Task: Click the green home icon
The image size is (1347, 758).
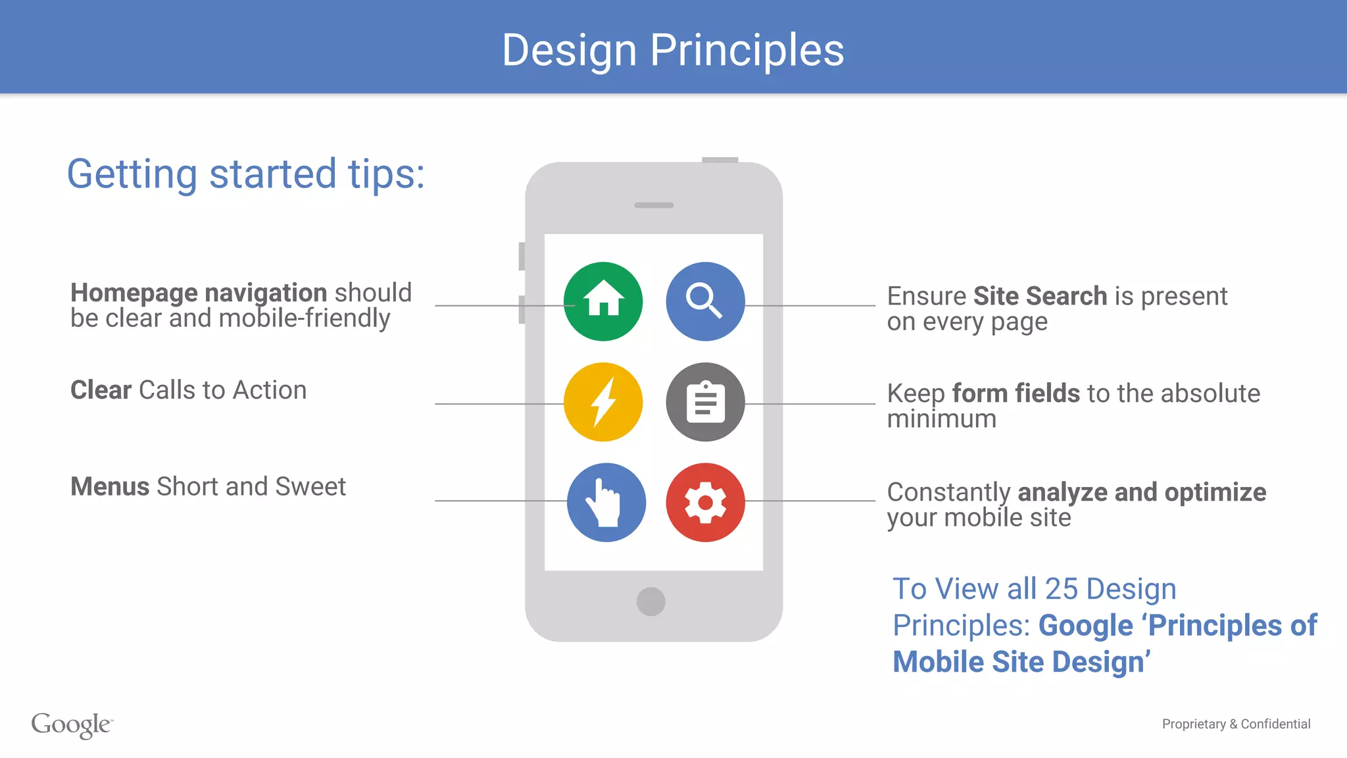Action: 603,301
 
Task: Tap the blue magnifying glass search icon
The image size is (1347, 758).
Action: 705,301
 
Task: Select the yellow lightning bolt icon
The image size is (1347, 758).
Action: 603,402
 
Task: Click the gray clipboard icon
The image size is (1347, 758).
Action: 705,402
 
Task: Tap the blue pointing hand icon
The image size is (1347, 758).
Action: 606,503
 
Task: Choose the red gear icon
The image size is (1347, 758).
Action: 705,503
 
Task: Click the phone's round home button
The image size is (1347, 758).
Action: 650,601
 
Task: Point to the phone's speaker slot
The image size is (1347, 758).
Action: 654,205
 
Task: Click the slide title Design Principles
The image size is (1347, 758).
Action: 673,50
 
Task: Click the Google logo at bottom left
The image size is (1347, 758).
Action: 71,724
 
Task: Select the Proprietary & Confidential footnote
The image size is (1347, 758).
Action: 1236,724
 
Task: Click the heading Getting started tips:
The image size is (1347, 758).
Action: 246,174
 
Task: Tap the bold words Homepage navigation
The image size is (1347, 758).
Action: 199,293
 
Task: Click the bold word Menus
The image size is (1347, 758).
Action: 110,487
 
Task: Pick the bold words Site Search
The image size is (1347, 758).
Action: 1040,296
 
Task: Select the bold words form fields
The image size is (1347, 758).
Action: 1016,393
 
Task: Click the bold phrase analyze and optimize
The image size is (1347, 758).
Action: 1141,492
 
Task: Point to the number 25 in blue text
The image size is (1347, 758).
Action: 1061,589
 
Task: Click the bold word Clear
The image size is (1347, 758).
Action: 101,390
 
